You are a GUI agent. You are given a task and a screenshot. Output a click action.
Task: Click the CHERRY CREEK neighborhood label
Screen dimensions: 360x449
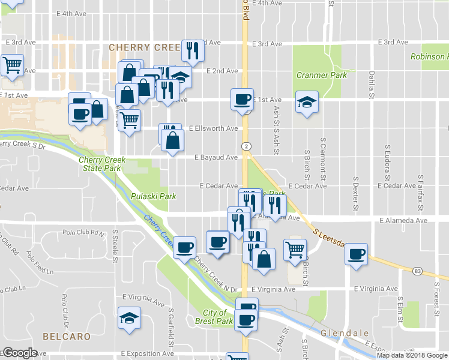coord(145,47)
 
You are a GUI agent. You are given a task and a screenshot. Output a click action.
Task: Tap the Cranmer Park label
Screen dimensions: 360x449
coord(322,76)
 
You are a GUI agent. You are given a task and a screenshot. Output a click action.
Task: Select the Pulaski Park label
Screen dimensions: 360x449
coord(153,196)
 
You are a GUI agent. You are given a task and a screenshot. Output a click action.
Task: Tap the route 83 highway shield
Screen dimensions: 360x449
coord(417,271)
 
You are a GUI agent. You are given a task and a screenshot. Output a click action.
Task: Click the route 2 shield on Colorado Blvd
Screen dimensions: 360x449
coord(246,146)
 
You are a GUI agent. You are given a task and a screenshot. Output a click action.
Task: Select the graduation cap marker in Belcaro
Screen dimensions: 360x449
coord(128,318)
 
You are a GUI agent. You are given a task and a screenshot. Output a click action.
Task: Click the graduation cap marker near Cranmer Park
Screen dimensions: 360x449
coord(306,103)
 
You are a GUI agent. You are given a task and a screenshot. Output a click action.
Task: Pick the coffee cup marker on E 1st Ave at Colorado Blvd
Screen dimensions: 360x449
coord(242,99)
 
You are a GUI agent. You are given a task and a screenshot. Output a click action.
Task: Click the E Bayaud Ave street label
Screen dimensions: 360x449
coord(216,157)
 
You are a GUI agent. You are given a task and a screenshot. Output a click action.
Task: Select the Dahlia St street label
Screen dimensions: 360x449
coord(372,85)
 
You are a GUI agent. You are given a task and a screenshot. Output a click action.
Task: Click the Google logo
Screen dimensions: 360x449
coord(19,352)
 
